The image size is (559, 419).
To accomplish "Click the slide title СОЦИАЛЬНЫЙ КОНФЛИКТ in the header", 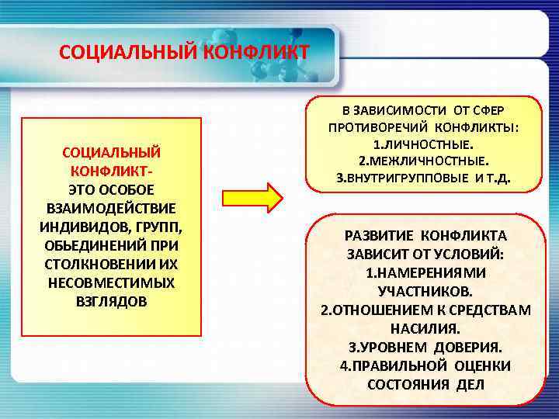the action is pyautogui.click(x=184, y=53).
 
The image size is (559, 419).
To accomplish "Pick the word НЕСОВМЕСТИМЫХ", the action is pyautogui.click(x=111, y=282).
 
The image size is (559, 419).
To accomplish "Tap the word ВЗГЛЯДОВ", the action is pyautogui.click(x=110, y=301).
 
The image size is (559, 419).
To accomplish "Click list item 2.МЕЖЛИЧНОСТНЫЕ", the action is pyautogui.click(x=423, y=161).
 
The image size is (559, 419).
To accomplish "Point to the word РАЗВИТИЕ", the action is pyautogui.click(x=379, y=235).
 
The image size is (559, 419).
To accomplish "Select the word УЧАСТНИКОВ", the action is pyautogui.click(x=424, y=291).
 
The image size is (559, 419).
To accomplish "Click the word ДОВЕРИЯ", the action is pyautogui.click(x=467, y=347).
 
